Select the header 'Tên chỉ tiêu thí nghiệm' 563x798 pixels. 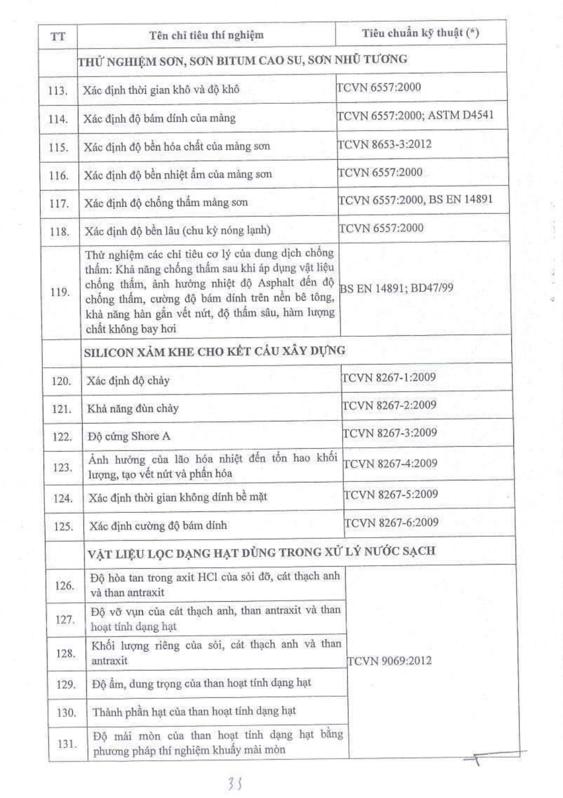point(206,35)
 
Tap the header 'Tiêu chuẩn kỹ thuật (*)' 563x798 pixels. point(420,33)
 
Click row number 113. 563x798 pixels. point(58,91)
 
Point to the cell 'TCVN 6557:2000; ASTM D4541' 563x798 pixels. point(415,115)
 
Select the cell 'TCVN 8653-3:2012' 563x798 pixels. point(384,144)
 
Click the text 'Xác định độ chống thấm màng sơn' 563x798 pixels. point(166,202)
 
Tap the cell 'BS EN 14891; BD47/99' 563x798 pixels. point(396,288)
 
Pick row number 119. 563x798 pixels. point(60,292)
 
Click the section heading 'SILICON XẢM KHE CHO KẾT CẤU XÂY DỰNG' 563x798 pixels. point(215,351)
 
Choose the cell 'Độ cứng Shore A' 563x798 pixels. point(129,436)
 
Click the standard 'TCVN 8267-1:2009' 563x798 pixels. point(389,377)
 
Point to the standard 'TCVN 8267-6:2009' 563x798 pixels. point(391,522)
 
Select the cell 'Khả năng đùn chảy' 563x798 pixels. point(133,409)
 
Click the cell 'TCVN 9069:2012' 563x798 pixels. point(390,661)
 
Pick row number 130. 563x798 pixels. point(66,713)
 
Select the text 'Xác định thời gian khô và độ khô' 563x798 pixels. point(161,89)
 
